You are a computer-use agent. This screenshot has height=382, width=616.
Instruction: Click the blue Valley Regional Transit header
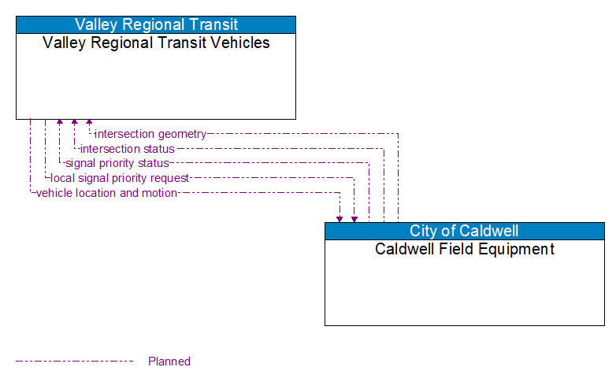[156, 24]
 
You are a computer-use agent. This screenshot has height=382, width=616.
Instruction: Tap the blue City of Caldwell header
[464, 231]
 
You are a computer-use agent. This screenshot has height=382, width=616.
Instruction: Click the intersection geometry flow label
[150, 134]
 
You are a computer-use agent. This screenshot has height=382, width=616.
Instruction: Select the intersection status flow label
[128, 149]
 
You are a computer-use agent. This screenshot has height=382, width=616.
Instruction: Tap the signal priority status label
[117, 163]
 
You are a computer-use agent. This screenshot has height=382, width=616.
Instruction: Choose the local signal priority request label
[120, 178]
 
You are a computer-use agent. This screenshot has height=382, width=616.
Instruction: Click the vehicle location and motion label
[106, 193]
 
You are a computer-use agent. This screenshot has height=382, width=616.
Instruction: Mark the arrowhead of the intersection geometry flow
[89, 123]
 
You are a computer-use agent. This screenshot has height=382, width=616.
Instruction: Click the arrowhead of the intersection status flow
[74, 123]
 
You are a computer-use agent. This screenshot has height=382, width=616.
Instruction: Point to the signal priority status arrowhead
[59, 123]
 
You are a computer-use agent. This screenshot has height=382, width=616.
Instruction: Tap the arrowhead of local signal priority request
[354, 218]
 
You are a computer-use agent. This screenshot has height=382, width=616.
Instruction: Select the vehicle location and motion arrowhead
[340, 218]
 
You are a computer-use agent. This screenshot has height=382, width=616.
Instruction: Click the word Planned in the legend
[169, 362]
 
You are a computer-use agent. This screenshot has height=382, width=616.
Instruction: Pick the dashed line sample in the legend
[75, 362]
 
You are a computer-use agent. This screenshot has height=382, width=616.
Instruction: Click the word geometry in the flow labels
[181, 134]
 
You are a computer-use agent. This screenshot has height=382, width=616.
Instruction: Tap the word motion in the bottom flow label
[159, 193]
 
